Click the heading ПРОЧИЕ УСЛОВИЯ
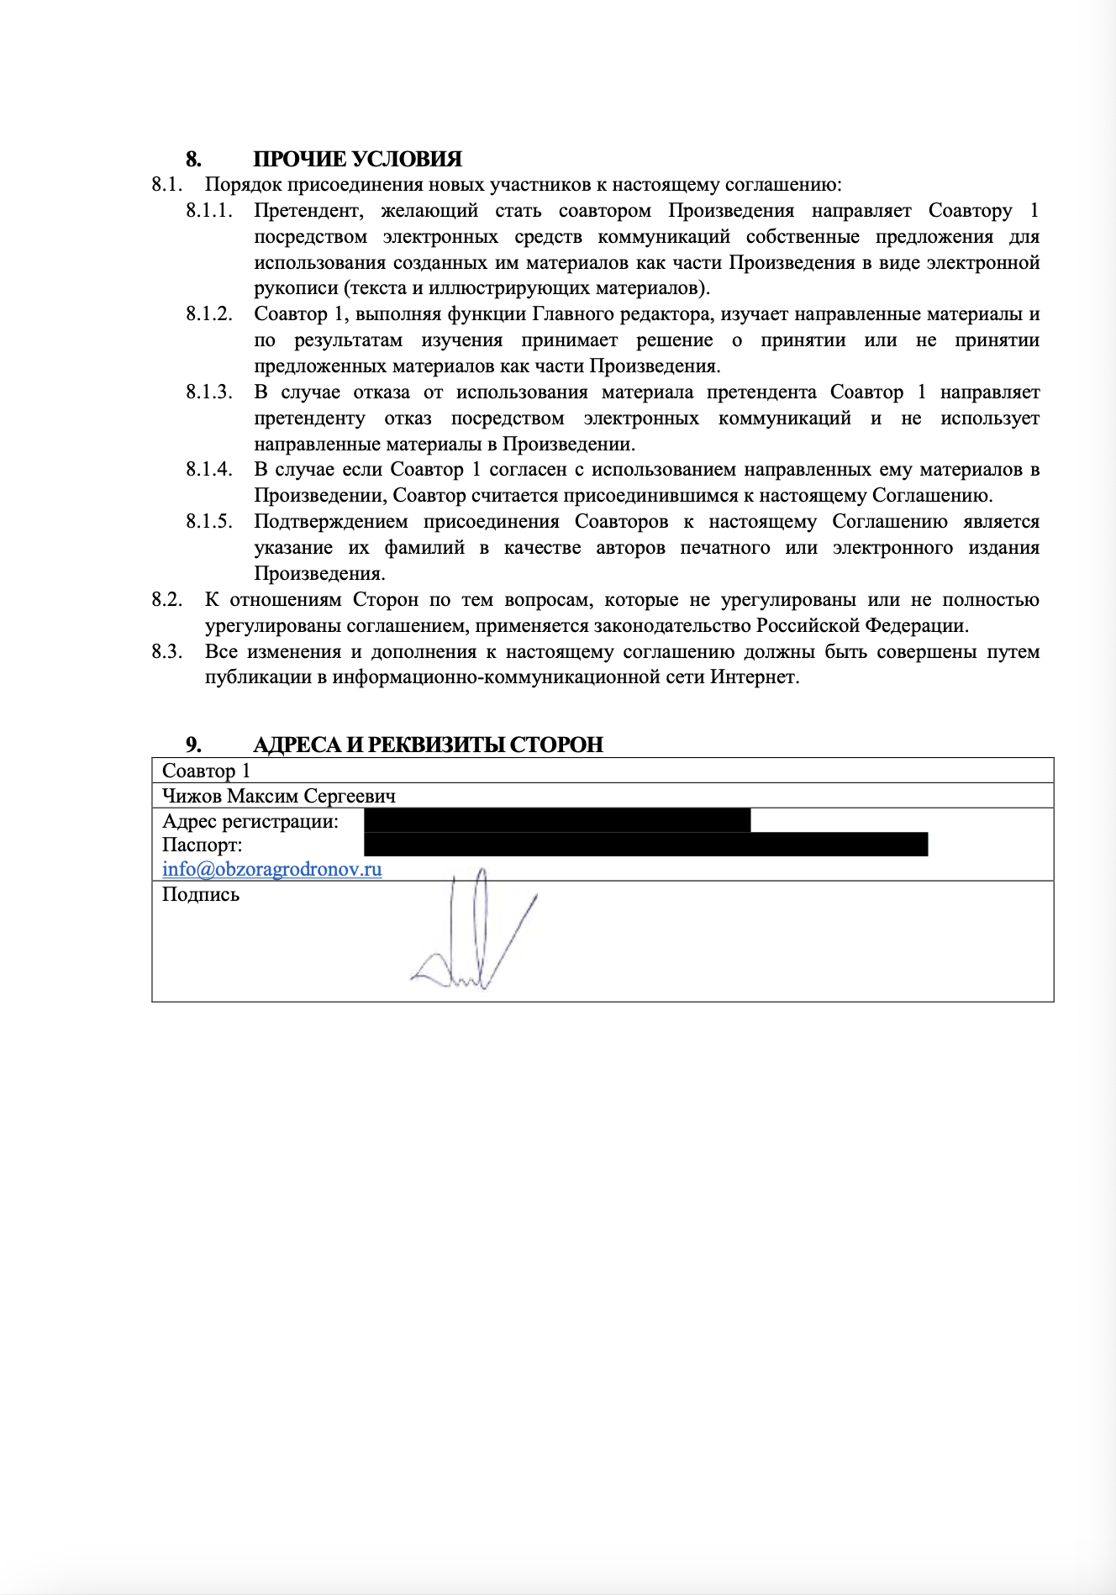(x=357, y=160)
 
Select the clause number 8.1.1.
(x=209, y=211)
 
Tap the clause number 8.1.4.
(x=209, y=470)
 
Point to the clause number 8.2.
(x=167, y=600)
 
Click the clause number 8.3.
(x=167, y=652)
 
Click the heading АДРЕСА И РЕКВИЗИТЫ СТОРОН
(x=428, y=745)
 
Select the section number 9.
(x=193, y=745)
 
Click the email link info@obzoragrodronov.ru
(x=271, y=869)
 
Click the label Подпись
(x=201, y=895)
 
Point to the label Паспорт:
(x=202, y=845)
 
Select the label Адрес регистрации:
(x=250, y=821)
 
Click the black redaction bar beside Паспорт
(x=645, y=845)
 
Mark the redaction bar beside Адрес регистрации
(x=556, y=820)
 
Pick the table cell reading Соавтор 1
(x=206, y=771)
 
